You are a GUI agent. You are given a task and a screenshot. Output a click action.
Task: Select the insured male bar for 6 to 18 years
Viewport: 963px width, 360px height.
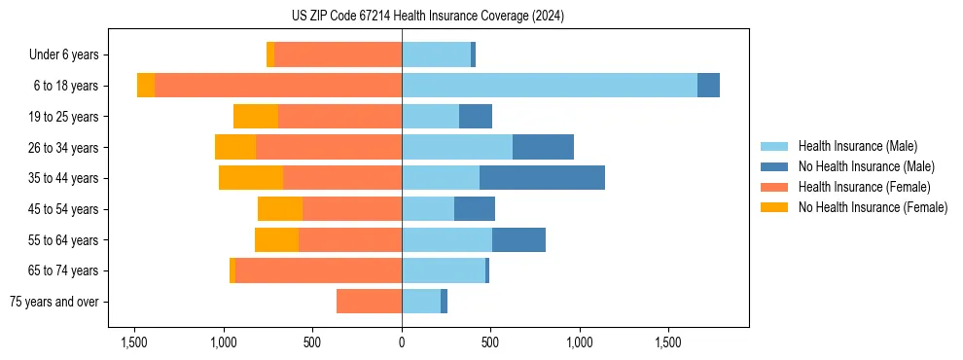click(x=550, y=86)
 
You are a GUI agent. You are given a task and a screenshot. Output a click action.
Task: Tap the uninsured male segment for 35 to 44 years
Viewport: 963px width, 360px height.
click(x=542, y=178)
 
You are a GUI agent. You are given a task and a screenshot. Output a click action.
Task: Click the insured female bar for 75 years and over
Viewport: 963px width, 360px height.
click(x=369, y=302)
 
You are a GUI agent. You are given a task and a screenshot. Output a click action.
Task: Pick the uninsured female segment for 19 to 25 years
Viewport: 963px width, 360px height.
click(x=256, y=117)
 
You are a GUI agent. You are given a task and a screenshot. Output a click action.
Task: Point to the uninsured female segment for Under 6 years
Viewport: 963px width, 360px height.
click(x=270, y=54)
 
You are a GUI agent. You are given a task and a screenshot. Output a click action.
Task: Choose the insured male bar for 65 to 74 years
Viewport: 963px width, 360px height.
click(x=444, y=270)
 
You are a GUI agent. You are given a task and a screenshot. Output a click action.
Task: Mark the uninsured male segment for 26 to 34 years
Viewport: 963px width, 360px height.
click(x=543, y=147)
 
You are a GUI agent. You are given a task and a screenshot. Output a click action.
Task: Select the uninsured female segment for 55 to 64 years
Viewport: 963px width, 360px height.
click(x=276, y=239)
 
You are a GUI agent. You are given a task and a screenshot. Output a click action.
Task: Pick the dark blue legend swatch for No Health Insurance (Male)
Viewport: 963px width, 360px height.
click(x=774, y=166)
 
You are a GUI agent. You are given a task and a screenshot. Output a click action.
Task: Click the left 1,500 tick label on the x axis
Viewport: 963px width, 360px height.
click(x=134, y=342)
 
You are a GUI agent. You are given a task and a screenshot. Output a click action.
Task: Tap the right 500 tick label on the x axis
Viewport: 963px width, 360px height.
click(x=490, y=342)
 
